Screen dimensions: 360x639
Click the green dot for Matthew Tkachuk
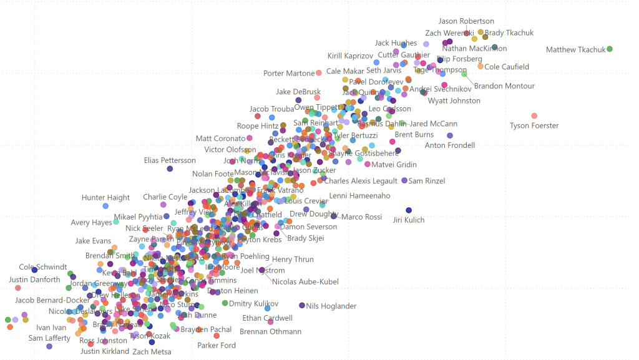point(610,49)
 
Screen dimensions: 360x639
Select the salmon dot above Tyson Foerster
point(534,116)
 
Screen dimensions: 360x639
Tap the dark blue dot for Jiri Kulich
point(409,210)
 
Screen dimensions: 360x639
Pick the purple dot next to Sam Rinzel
point(404,180)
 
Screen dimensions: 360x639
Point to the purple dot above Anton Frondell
point(450,135)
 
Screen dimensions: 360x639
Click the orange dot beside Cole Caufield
point(480,66)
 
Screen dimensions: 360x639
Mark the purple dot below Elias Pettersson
point(170,169)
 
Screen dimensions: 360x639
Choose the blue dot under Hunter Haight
point(105,206)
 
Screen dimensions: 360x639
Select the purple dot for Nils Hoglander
point(302,306)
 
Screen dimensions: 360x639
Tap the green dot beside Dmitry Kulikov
point(225,303)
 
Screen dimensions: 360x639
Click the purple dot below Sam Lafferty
point(49,346)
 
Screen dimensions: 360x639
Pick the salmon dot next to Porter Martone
point(319,73)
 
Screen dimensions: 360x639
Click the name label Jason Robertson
point(466,21)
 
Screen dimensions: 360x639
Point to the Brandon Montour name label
point(504,86)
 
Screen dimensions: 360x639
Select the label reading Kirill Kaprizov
point(350,56)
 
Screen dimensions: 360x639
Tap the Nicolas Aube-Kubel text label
point(305,282)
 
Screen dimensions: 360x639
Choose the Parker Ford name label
point(217,345)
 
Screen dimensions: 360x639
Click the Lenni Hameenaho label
point(359,196)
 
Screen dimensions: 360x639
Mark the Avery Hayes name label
point(92,223)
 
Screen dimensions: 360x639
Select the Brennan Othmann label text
point(270,331)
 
